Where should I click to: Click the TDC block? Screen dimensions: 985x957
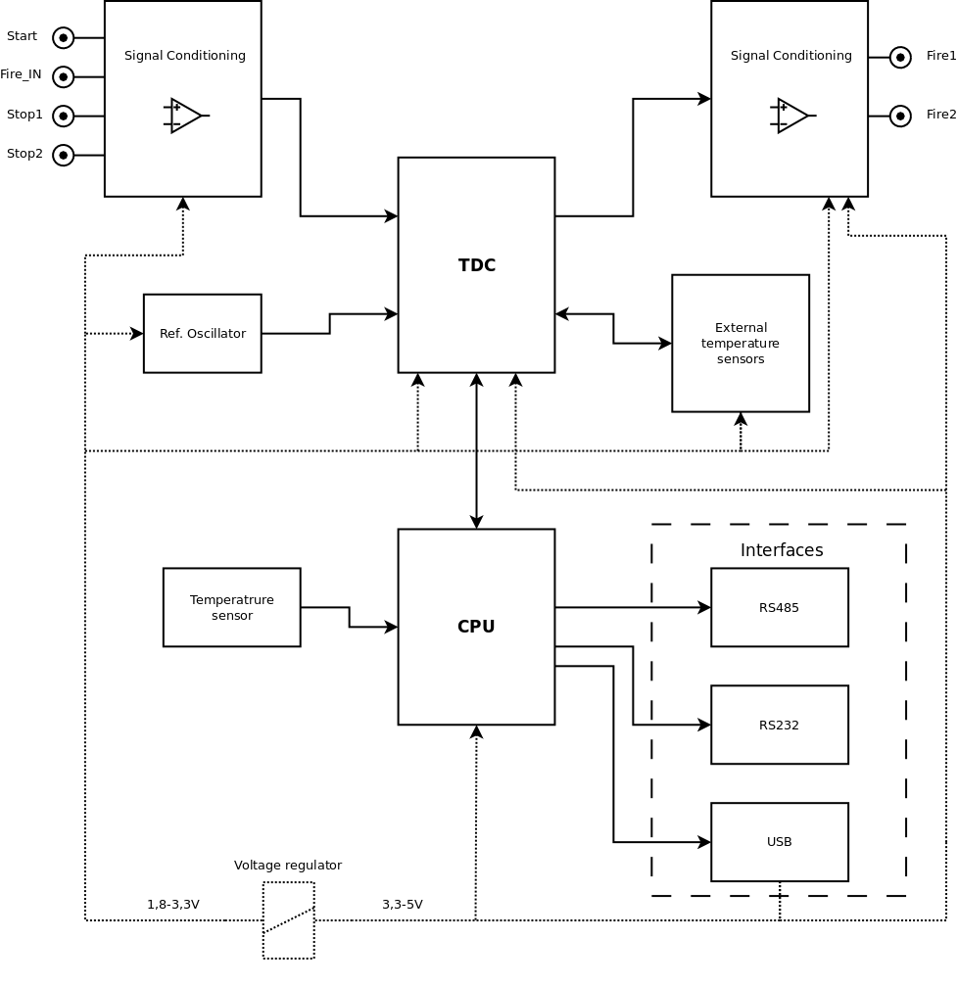476,264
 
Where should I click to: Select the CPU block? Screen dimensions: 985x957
476,627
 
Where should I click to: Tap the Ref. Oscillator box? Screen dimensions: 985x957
202,333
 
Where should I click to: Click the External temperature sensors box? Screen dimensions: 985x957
741,343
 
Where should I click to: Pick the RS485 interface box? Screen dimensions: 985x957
779,607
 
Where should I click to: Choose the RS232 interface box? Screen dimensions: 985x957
779,725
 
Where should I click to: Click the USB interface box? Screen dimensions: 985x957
779,842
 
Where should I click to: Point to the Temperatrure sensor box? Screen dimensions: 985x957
231,607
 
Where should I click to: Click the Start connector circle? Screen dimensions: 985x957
63,37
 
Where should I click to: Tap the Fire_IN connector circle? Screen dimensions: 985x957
63,76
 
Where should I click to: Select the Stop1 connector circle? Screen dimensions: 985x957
63,116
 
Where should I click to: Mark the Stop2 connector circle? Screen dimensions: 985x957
63,155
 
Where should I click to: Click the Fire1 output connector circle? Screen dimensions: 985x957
900,57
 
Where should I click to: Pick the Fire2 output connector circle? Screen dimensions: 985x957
900,116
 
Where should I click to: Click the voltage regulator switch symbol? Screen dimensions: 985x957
289,920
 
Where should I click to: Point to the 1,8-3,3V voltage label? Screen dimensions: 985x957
173,905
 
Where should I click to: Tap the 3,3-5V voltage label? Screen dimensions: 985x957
403,905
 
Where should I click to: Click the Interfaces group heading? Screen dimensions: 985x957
782,550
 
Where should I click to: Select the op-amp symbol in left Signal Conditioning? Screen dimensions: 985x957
185,116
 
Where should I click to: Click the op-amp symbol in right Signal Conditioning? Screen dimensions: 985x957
791,116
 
